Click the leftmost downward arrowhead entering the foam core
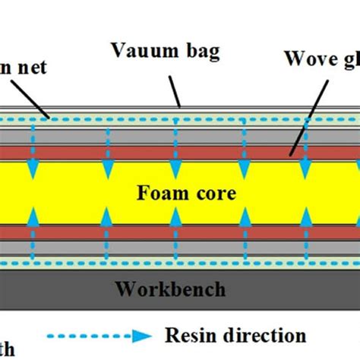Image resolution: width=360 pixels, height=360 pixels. (33, 166)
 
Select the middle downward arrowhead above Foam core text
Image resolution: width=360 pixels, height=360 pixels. (176, 166)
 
